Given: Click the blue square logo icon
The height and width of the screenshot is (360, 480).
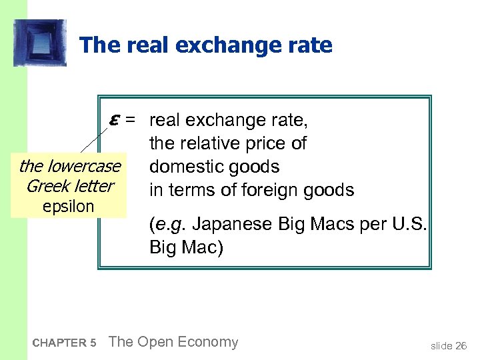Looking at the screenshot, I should tap(40, 43).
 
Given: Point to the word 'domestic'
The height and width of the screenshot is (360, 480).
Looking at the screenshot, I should tap(186, 167).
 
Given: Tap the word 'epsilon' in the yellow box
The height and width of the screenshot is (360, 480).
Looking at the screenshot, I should tap(69, 206).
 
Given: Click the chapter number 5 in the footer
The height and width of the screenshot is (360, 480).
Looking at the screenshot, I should tap(93, 343).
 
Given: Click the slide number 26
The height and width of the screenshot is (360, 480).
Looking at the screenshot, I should tap(461, 345).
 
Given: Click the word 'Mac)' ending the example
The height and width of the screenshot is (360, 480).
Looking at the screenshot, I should tap(205, 248).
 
